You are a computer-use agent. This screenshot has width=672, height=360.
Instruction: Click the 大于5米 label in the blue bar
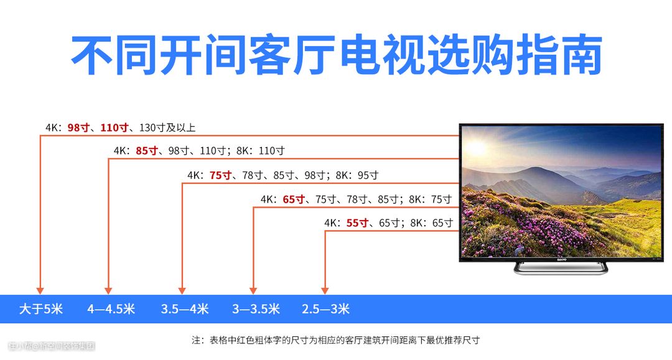click(x=40, y=308)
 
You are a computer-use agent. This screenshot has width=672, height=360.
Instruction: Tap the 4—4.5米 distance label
click(x=111, y=308)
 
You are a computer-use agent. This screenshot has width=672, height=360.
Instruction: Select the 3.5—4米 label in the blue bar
click(x=185, y=308)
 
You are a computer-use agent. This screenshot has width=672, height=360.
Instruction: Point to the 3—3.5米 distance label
click(x=256, y=308)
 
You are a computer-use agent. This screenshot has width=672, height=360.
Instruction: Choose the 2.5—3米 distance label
click(x=325, y=308)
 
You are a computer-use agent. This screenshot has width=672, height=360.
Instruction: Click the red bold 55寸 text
click(x=357, y=223)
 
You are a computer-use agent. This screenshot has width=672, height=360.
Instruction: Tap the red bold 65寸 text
click(x=294, y=200)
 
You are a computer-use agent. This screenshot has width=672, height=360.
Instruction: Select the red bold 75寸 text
click(x=221, y=175)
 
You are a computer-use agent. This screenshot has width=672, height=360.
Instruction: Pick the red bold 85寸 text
click(x=147, y=150)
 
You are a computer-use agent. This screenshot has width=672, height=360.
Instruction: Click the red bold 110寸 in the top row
click(x=114, y=127)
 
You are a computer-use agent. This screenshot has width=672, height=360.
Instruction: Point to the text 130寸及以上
click(x=167, y=127)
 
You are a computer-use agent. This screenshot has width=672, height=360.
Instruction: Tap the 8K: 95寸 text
click(x=357, y=175)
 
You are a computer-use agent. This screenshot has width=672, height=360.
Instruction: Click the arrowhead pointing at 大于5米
click(x=40, y=290)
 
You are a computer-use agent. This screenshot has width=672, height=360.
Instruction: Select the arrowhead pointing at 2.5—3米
click(x=325, y=290)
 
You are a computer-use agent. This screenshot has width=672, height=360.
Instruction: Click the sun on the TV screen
click(x=476, y=148)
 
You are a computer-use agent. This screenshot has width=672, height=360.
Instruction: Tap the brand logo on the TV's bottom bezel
click(x=561, y=259)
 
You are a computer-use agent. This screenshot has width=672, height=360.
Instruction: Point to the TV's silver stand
click(x=561, y=269)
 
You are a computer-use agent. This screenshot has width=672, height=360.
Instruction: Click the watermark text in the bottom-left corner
click(x=52, y=346)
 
